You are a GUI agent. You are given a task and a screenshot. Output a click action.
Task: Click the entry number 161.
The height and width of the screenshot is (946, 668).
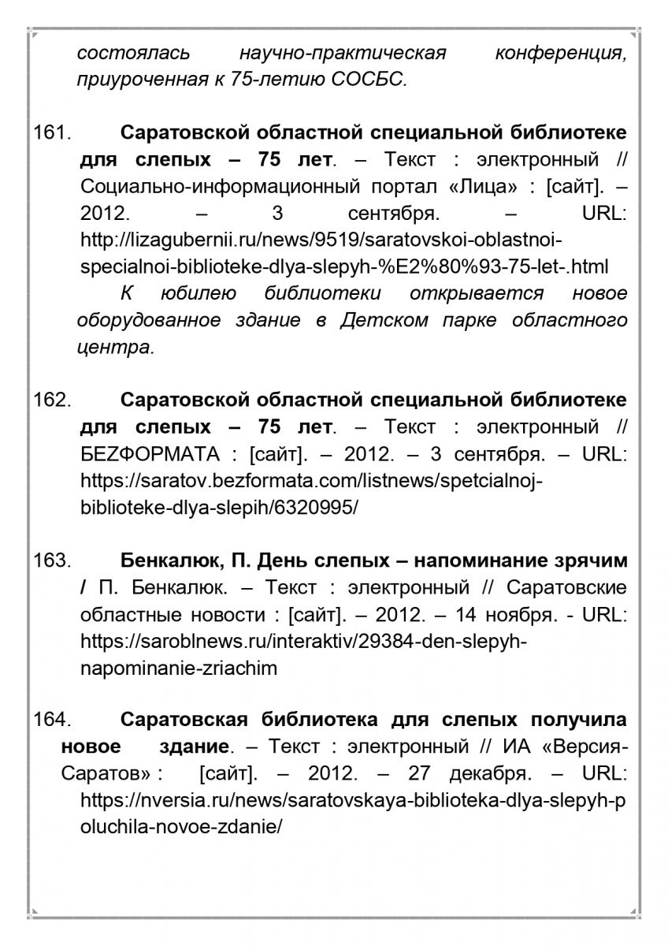(52, 132)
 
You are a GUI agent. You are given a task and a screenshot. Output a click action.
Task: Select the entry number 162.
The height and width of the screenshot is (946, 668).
(52, 400)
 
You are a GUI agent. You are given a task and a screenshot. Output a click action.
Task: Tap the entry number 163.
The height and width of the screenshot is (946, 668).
(52, 561)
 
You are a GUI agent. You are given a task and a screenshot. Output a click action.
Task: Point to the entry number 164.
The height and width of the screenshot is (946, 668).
(52, 720)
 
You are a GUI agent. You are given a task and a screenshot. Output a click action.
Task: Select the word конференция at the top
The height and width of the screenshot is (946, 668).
(561, 54)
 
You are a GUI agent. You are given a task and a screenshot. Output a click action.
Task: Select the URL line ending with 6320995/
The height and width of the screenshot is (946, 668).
(219, 507)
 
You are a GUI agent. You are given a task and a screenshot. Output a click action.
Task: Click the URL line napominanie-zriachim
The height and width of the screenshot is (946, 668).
(179, 668)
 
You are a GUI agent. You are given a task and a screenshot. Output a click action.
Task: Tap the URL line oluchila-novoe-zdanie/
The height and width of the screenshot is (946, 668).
(181, 827)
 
